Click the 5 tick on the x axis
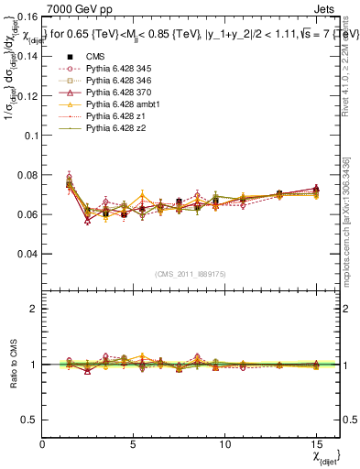coord(134,444)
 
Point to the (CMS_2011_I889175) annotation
coord(191,274)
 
